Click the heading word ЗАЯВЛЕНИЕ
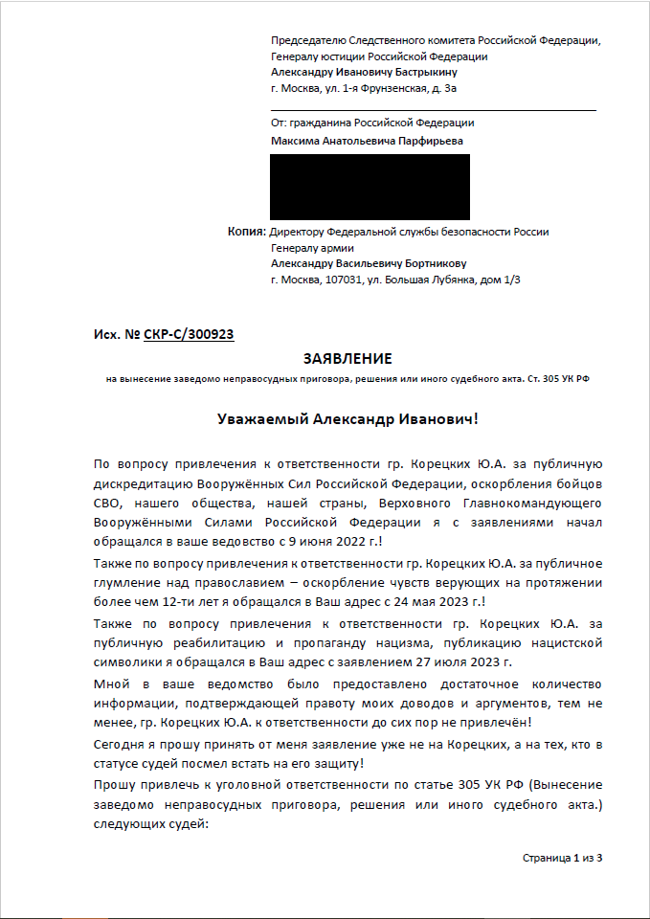coord(347,359)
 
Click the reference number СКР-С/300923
coord(189,334)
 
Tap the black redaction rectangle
coord(370,187)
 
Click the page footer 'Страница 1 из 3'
coord(562,857)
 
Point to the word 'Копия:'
coord(246,232)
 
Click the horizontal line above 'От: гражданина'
coord(433,110)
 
